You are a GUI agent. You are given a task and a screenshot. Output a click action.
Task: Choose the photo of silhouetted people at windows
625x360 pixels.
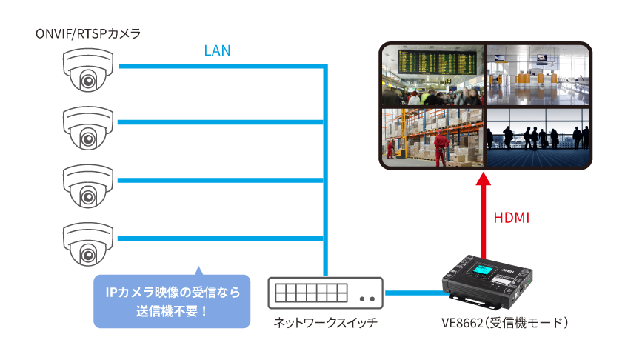(x=538, y=137)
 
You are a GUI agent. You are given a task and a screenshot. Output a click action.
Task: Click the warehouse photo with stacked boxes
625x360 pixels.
(x=433, y=137)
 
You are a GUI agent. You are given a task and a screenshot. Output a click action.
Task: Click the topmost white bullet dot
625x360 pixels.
(x=90, y=80)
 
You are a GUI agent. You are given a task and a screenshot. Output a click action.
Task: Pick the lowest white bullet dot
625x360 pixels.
(x=90, y=254)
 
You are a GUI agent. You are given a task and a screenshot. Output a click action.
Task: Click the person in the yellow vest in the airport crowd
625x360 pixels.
(x=424, y=97)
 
